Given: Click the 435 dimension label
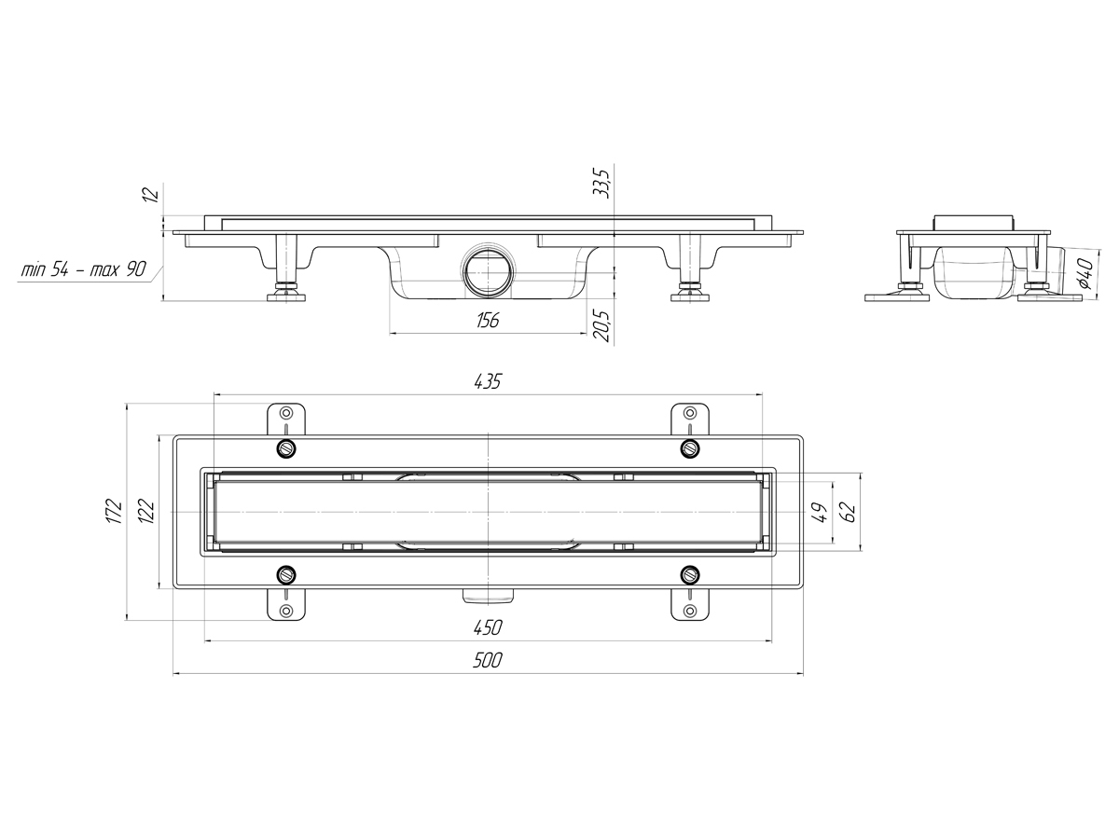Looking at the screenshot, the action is (488, 381).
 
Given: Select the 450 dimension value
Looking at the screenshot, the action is (488, 627).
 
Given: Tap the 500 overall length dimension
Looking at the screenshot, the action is (488, 660).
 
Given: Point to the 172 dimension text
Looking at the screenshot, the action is (115, 512).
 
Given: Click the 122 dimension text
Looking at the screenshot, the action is (146, 512).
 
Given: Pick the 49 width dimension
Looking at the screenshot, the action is (820, 513).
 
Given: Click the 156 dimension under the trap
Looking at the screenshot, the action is (488, 321).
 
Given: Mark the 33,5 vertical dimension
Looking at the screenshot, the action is (601, 184).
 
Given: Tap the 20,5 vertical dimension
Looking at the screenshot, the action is (601, 326).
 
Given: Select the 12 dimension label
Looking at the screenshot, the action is (152, 194).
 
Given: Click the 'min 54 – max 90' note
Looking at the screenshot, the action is (84, 269).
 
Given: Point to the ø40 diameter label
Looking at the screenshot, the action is (1085, 272).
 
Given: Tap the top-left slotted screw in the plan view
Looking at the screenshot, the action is (286, 448).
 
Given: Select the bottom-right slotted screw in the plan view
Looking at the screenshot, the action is (690, 574).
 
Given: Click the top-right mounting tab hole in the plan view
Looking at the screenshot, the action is (690, 412).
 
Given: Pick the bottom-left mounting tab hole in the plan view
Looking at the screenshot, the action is (286, 611).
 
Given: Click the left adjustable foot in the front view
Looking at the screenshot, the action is (286, 268).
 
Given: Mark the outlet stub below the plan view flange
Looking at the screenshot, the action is (488, 596).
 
